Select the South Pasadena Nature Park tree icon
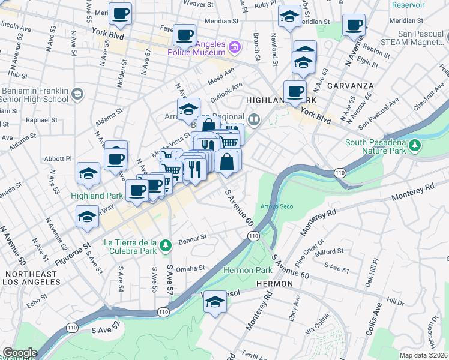pyautogui.click(x=414, y=145)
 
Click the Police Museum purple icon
pyautogui.click(x=235, y=46)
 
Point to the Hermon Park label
pyautogui.click(x=240, y=271)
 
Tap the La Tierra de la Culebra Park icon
pyautogui.click(x=166, y=244)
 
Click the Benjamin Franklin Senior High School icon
pyautogui.click(x=77, y=94)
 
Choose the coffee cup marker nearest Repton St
pyautogui.click(x=354, y=26)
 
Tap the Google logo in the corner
pyautogui.click(x=19, y=353)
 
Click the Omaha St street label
pyautogui.click(x=191, y=268)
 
